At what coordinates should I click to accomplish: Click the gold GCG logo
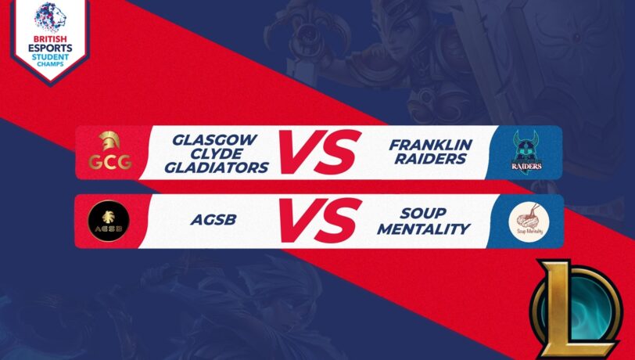pyautogui.click(x=109, y=153)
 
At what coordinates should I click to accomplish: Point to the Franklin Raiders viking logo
pyautogui.click(x=528, y=153)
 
